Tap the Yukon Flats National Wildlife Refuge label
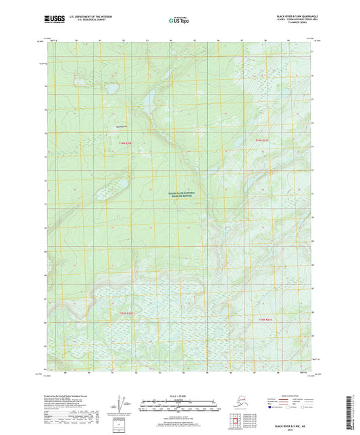(x=181, y=195)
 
